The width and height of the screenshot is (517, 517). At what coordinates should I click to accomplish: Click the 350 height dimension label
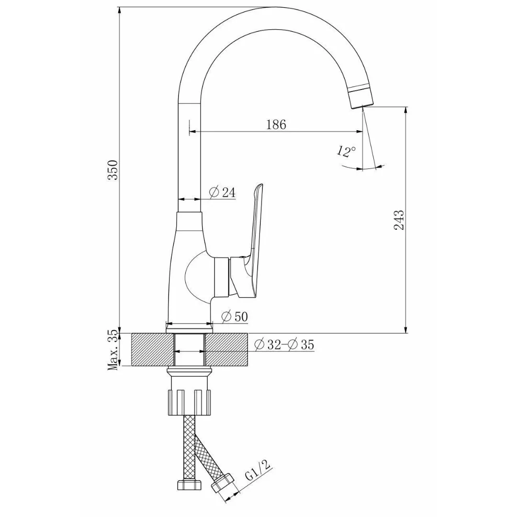click(x=113, y=169)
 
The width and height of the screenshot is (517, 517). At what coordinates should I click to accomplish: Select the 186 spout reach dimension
click(x=276, y=124)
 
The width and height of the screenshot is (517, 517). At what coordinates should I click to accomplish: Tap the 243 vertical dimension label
click(x=399, y=220)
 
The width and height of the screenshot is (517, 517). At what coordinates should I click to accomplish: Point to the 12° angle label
click(x=346, y=151)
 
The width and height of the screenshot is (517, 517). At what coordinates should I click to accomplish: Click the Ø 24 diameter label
click(x=222, y=192)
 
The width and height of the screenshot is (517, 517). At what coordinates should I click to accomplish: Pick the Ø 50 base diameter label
click(x=235, y=316)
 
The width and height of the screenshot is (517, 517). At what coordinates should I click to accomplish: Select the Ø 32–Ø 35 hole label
click(x=284, y=345)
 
